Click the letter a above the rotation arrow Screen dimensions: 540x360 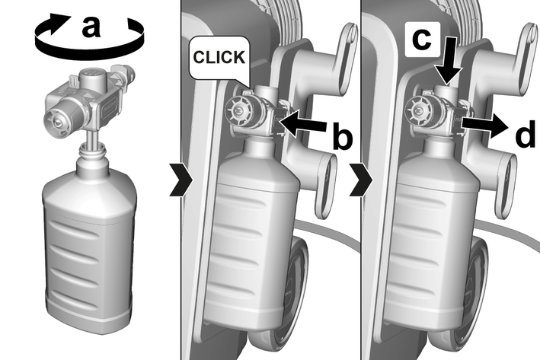[x=91, y=27]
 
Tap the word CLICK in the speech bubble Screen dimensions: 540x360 [x=219, y=57]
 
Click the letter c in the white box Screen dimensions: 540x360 [x=421, y=39]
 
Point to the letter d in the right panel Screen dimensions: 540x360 [x=525, y=134]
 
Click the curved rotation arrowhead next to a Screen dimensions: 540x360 [x=58, y=22]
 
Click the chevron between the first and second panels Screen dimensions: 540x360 [x=181, y=180]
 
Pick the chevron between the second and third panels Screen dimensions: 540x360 [x=361, y=180]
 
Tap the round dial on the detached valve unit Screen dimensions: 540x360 [x=57, y=119]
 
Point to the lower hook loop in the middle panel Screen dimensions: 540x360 [x=325, y=186]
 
